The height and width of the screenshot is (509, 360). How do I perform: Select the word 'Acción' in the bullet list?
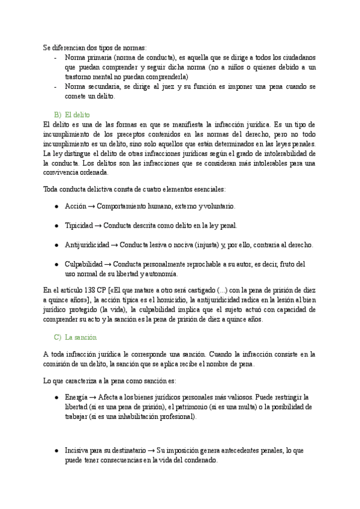75,206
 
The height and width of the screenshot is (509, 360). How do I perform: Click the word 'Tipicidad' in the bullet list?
79,226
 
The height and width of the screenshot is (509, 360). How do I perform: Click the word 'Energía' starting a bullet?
76,397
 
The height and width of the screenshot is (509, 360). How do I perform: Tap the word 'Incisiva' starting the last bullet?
77,450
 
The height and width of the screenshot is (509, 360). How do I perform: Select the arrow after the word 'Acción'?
92,206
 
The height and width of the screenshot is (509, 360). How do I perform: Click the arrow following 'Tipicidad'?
98,226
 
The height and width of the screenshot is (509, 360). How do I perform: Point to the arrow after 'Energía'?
92,397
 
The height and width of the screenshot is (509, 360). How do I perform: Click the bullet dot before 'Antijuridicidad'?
56,245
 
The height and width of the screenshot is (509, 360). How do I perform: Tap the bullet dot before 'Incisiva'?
56,450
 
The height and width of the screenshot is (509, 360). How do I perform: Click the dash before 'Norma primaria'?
55,58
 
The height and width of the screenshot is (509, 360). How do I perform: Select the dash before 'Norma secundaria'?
55,87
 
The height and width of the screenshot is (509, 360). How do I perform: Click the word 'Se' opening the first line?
47,47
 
